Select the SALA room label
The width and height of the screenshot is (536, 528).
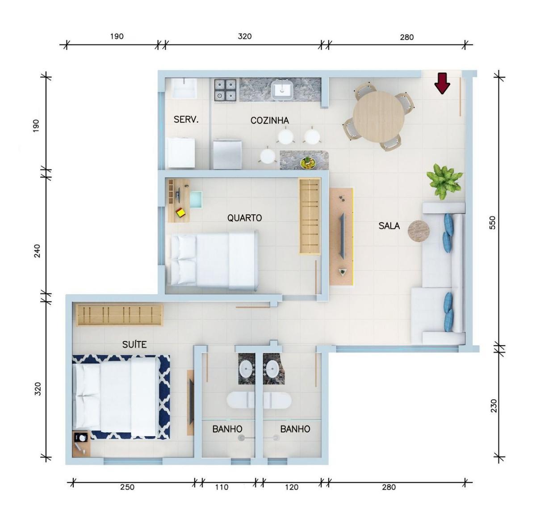tap(389, 226)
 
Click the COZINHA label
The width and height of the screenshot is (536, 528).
tap(269, 121)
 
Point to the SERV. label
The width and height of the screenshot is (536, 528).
tap(186, 120)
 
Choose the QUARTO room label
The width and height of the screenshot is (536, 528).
tap(244, 218)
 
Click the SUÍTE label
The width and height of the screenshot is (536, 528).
tap(134, 345)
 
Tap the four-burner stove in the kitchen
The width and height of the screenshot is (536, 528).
tap(225, 90)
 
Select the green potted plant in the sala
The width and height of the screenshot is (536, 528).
tap(444, 182)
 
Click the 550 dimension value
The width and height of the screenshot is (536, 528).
tap(492, 223)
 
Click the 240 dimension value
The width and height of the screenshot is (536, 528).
tap(37, 251)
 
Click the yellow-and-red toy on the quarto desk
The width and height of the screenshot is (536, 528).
tap(180, 212)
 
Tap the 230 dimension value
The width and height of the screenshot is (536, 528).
tap(493, 406)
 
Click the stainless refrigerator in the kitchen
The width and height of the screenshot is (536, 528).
tap(227, 155)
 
